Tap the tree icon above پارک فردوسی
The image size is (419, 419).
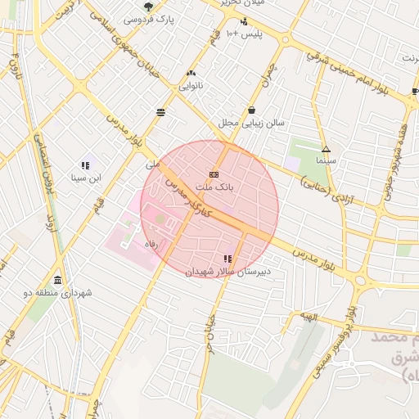coord(148,7)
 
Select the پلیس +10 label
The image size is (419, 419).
coord(244,34)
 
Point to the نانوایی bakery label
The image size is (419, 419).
coord(191,84)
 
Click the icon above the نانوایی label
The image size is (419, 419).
coord(191,73)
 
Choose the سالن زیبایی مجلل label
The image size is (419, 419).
coord(250,123)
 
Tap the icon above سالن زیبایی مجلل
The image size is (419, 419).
coord(251,110)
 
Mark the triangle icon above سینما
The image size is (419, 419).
coord(326,149)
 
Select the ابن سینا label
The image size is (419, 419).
coord(85,178)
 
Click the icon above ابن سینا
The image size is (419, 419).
coord(85,165)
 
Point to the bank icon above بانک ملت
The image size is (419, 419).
coord(214,174)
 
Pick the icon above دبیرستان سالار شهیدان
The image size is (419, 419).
coord(227,259)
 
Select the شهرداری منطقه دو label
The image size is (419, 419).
coord(58,292)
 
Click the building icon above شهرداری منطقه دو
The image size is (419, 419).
coord(58,280)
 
